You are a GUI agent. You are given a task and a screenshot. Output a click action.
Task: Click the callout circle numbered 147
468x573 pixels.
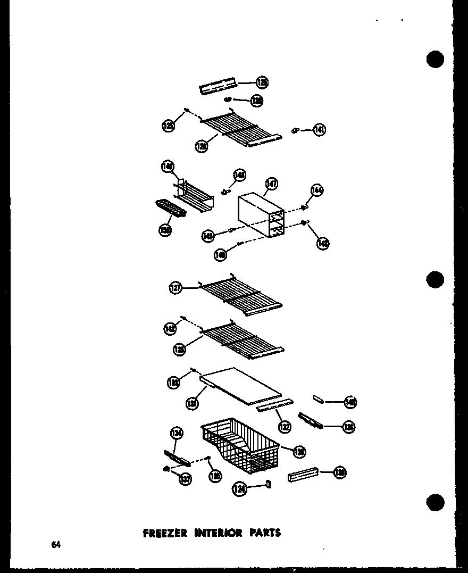pos(272,184)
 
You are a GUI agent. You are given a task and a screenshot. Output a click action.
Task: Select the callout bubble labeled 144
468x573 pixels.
pos(317,190)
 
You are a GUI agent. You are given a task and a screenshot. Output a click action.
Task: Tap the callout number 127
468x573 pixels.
pos(176,288)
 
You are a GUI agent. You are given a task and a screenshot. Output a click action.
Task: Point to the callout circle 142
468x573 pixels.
pos(171,329)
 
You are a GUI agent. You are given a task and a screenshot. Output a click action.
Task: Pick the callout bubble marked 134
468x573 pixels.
pos(177,434)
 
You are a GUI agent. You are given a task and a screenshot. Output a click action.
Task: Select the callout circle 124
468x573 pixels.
pos(240,488)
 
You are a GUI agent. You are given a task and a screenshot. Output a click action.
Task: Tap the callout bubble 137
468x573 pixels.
pos(185,479)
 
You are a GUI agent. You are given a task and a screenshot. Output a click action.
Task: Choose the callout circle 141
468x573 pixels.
pos(319,129)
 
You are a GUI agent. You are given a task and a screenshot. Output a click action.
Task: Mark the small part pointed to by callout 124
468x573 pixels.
pos(268,484)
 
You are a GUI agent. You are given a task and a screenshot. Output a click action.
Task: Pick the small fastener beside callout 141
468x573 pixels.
pos(295,130)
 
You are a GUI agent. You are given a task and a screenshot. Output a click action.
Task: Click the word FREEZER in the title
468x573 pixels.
pos(165,533)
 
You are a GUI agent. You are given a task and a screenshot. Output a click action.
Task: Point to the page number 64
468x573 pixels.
pos(56,544)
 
